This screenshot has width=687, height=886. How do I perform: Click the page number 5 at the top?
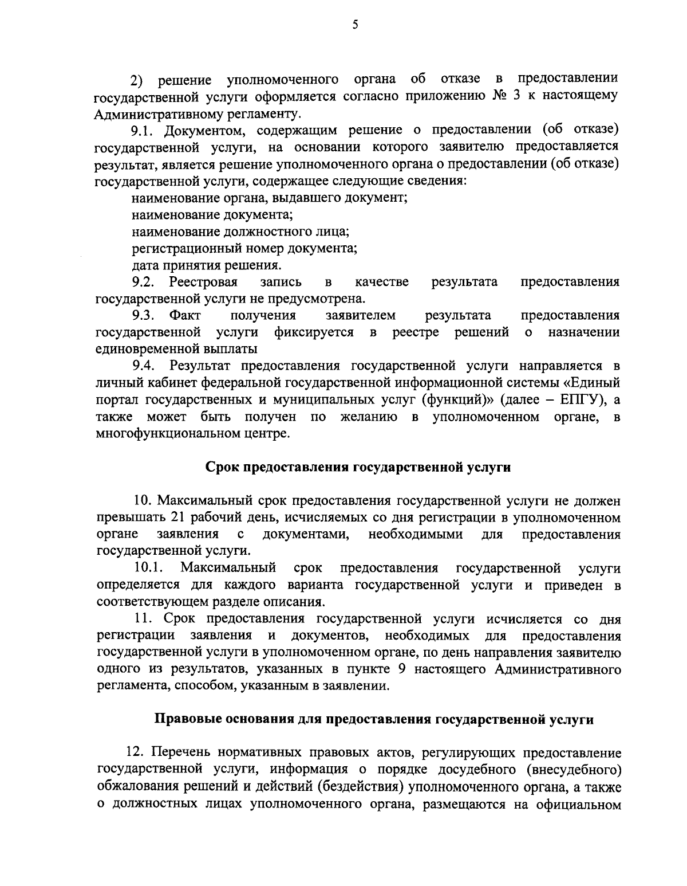tap(355, 25)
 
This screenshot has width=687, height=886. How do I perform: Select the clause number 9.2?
tap(143, 282)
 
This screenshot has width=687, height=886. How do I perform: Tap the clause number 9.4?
tap(143, 366)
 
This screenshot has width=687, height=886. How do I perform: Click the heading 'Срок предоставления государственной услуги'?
tap(358, 467)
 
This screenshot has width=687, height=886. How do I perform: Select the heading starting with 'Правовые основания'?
tap(374, 720)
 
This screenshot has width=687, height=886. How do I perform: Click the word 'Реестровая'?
tap(203, 282)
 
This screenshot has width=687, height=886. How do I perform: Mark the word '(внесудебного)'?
tap(577, 769)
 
